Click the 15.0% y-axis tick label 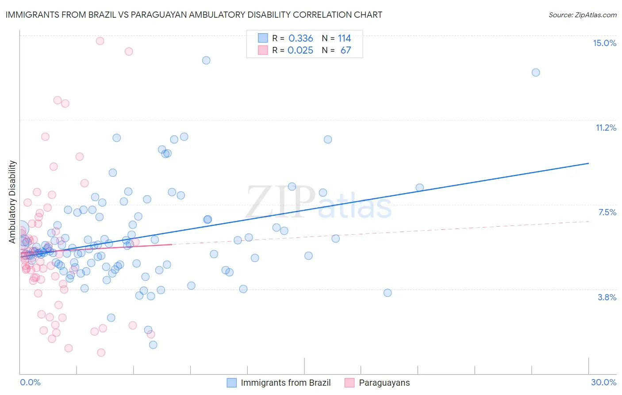(x=604, y=43)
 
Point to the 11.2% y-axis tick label (x=606, y=128)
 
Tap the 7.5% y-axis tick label (x=607, y=212)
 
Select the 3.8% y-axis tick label (x=607, y=297)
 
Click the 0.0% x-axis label (x=30, y=382)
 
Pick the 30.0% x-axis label (x=603, y=382)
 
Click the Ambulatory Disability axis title (x=12, y=201)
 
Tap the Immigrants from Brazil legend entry (x=285, y=383)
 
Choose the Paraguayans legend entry (x=384, y=383)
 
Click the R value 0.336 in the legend (x=301, y=39)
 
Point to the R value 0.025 (x=300, y=50)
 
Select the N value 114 (x=344, y=39)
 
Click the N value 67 (x=346, y=50)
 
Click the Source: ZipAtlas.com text (x=582, y=15)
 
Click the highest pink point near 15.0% (x=100, y=41)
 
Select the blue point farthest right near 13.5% (x=536, y=73)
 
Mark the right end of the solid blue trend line (x=589, y=163)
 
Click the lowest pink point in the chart (x=101, y=352)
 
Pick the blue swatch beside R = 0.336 (x=263, y=38)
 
